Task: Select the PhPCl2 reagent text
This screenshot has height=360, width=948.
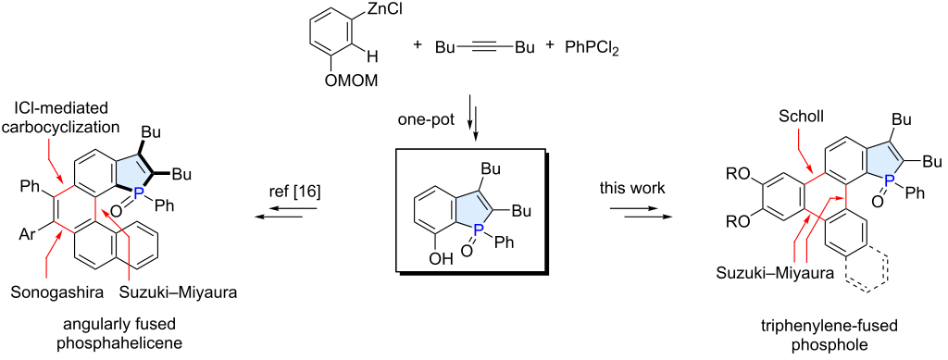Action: coord(595,46)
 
